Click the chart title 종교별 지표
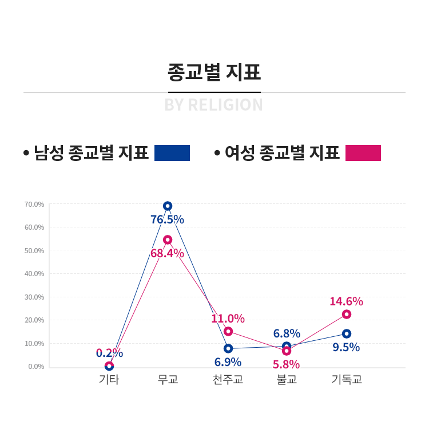214,73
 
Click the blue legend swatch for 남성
172,153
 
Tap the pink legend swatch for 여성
363,153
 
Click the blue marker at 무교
168,206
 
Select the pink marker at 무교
168,239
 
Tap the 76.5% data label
167,219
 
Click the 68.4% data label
167,253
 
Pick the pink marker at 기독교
347,314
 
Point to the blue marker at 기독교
347,333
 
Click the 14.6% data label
346,301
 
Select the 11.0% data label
228,319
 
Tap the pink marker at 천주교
228,331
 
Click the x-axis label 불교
287,379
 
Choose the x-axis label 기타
109,379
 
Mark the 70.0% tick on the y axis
34,204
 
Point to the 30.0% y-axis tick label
34,297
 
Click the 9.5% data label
346,347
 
